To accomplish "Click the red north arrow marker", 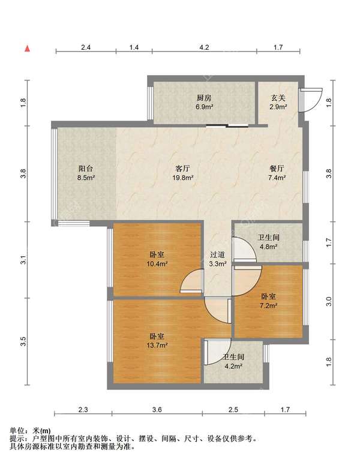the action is [27, 49].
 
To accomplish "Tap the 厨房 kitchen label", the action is [204, 98].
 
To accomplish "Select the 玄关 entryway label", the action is [278, 98].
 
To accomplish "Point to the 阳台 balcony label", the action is [86, 169].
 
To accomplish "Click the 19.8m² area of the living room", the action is [183, 178].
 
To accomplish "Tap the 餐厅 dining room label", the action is [277, 169].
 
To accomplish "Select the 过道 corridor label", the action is [217, 255].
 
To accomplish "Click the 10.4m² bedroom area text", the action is [157, 263].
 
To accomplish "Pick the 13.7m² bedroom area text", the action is [157, 346].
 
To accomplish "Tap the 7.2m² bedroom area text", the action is [269, 305].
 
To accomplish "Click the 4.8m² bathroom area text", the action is [269, 247].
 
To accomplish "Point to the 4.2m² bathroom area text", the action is [233, 366].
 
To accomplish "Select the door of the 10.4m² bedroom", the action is [192, 281].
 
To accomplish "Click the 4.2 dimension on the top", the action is [204, 47].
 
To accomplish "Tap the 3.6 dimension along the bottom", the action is [157, 410].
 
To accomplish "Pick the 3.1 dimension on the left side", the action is [24, 260].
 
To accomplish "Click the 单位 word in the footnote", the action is [17, 431].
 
